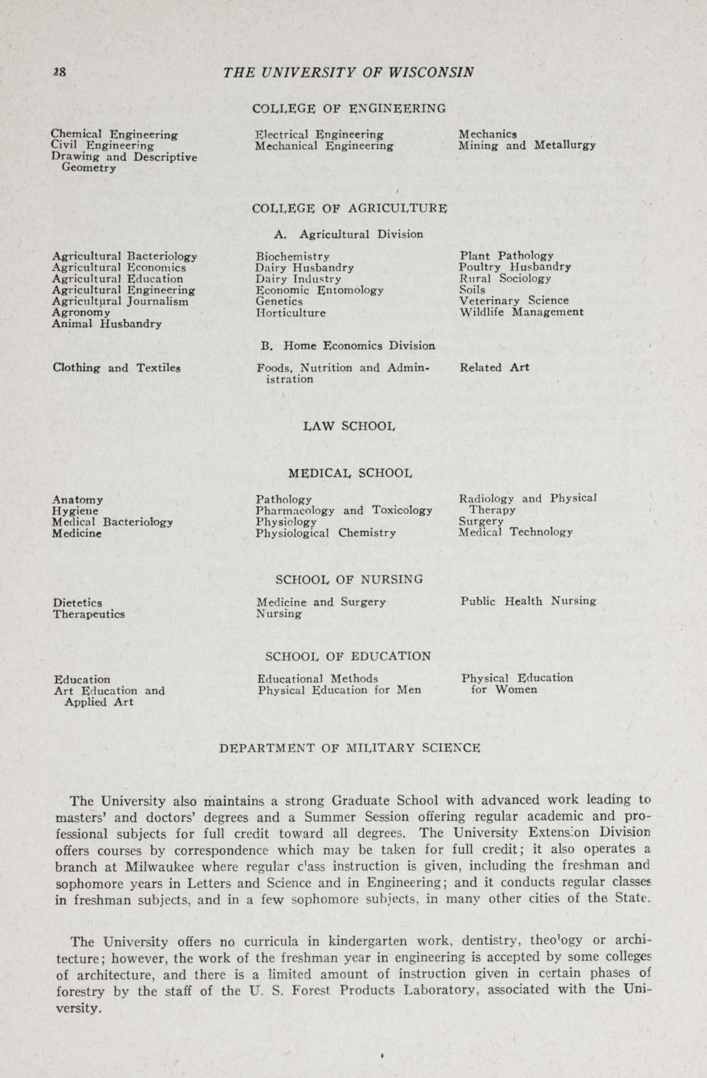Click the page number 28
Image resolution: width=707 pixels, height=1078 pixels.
click(x=59, y=73)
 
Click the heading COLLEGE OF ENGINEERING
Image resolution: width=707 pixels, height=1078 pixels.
click(x=349, y=109)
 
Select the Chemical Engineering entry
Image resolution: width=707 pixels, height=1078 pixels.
click(x=114, y=135)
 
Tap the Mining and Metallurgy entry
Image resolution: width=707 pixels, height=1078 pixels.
click(x=527, y=146)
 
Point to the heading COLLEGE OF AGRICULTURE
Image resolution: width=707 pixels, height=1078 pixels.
click(x=349, y=209)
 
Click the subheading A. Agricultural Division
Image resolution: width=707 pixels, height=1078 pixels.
click(x=349, y=235)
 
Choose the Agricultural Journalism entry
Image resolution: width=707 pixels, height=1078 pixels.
click(x=120, y=302)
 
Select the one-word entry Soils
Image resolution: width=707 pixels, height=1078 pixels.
click(x=472, y=290)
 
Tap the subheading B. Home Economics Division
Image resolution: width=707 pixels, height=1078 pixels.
click(x=348, y=346)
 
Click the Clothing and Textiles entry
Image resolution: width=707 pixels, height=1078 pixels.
click(x=117, y=368)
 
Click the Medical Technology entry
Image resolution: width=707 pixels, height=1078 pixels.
click(x=516, y=532)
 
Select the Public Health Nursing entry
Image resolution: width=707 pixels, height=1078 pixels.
click(x=528, y=601)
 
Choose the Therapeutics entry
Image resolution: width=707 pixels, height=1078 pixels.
click(x=89, y=615)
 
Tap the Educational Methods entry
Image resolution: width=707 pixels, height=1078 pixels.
click(x=318, y=679)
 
